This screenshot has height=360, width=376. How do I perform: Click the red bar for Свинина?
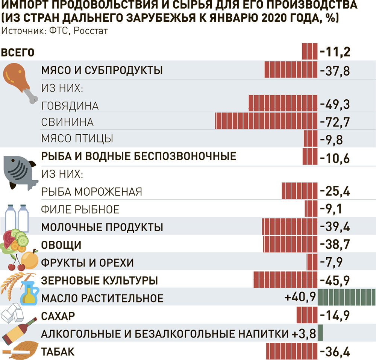pos(266,121)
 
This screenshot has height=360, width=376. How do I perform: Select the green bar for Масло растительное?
pos(347,298)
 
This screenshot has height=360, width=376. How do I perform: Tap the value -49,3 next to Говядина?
pos(335,105)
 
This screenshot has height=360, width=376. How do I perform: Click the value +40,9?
pos(300,298)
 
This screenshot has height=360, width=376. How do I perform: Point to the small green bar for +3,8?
pos(321,332)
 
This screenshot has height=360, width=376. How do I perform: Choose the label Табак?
pos(57,352)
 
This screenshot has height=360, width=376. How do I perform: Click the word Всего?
pos(18,52)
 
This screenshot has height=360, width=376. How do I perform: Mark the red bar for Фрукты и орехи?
pos(312,262)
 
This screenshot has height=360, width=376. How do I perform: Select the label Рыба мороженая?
pos(92,192)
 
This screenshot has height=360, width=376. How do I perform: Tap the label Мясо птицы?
pos(77,138)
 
